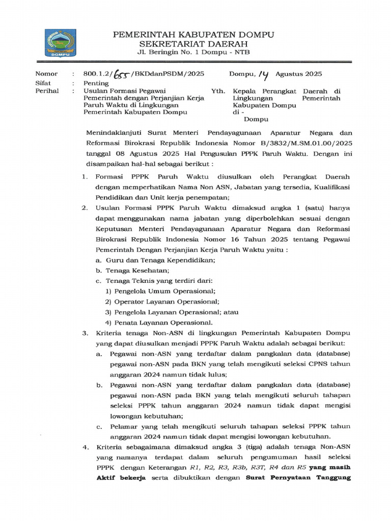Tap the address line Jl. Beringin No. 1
coord(193,52)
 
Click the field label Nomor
coord(46,74)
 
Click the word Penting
coord(96,83)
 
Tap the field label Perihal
coord(47,91)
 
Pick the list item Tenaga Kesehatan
coord(137,270)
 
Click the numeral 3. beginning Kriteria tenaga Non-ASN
coord(85,333)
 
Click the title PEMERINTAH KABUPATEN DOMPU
coord(193,35)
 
